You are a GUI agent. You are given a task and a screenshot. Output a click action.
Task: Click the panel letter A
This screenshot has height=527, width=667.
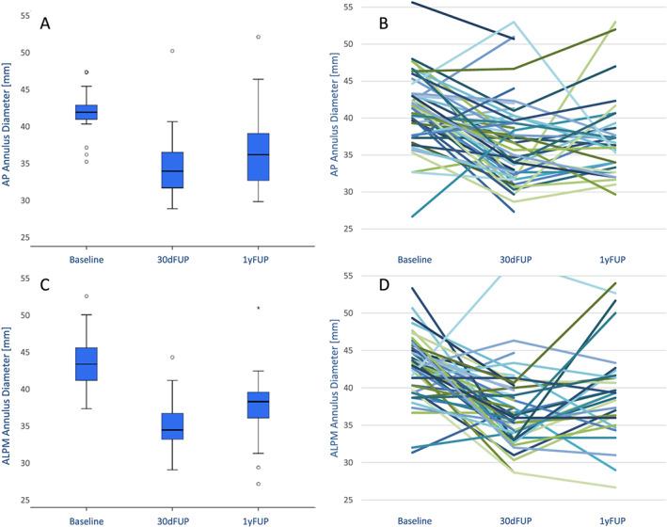click(x=45, y=24)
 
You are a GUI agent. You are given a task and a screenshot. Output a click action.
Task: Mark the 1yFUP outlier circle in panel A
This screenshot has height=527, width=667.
click(x=258, y=37)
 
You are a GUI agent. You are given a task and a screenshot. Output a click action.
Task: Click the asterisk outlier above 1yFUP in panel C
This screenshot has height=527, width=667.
click(x=258, y=308)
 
